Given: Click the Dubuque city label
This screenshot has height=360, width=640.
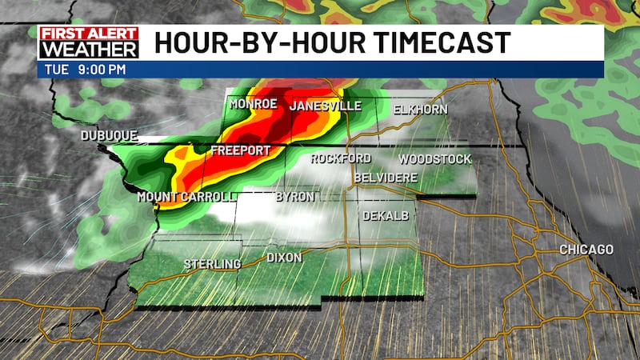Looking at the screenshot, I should click(x=109, y=136).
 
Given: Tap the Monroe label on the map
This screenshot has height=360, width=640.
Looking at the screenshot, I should click(x=253, y=105).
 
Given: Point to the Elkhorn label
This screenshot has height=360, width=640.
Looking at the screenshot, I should click(x=420, y=110).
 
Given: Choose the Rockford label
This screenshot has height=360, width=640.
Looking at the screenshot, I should click(x=341, y=158).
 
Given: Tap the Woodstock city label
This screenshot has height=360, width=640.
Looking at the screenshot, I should click(x=435, y=159).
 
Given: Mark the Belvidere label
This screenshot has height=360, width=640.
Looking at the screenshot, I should click(x=386, y=177).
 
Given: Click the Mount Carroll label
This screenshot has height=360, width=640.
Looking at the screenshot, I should click(x=186, y=197).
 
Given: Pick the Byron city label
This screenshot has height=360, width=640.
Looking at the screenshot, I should click(x=294, y=197).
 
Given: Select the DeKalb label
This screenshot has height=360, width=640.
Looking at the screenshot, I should click(x=386, y=216).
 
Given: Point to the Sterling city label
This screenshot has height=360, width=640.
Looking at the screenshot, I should click(x=212, y=264).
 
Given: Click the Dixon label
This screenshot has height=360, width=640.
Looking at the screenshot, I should click(x=284, y=258).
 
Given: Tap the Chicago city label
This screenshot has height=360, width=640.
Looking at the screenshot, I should click(x=586, y=250).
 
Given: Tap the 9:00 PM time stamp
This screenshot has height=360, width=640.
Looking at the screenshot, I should click(x=102, y=70).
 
